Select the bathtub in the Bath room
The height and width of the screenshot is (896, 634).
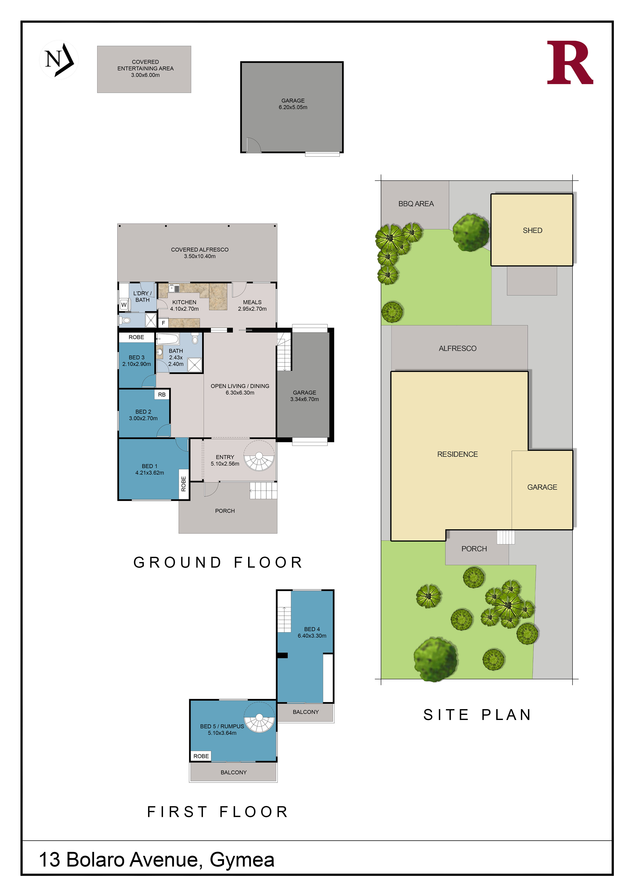(168, 339)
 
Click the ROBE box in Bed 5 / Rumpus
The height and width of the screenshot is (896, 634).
(201, 756)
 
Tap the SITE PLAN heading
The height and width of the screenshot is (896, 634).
(477, 715)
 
